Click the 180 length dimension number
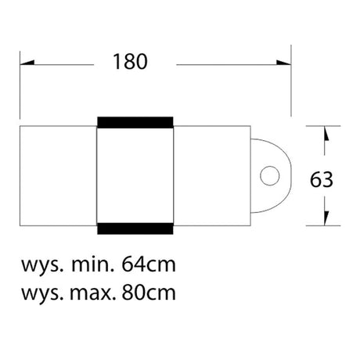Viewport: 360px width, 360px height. [x=130, y=62]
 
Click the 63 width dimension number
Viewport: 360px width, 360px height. [x=322, y=180]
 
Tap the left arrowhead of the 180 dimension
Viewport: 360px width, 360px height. [x=27, y=63]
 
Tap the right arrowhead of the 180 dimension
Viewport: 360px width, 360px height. [x=284, y=63]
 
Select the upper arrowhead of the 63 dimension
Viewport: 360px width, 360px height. [x=326, y=133]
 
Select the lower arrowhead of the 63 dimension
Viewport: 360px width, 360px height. [x=326, y=218]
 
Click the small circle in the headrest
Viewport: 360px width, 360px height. [x=270, y=175]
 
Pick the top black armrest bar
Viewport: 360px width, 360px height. [x=135, y=122]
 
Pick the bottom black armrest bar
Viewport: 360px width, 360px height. [x=135, y=229]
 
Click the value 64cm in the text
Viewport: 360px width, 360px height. [x=149, y=265]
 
